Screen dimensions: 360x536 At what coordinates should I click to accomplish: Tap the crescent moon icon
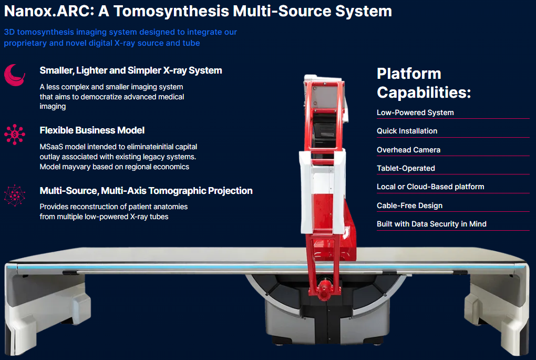tap(14, 75)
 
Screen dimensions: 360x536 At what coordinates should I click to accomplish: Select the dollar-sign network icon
tap(14, 135)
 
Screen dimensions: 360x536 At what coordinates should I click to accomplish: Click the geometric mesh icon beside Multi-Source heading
tap(14, 195)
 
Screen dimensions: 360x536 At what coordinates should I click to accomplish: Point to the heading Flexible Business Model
tap(92, 130)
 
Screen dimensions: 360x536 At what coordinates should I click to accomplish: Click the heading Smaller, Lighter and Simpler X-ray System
tap(131, 70)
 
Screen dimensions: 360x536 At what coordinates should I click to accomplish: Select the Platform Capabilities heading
tap(424, 83)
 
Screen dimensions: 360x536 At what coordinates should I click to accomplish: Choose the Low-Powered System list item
tap(415, 112)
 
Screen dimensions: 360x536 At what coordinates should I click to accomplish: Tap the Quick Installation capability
tap(407, 131)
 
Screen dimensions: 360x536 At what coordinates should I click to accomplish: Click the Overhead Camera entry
tap(408, 150)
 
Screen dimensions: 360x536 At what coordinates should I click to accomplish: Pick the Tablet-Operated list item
tap(406, 168)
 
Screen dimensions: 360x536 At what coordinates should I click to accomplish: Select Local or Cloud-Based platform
tap(430, 187)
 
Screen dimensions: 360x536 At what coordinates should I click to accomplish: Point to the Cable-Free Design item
tap(409, 205)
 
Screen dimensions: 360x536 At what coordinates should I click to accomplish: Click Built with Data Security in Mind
tap(431, 224)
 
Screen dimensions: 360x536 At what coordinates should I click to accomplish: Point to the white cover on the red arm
tap(322, 173)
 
